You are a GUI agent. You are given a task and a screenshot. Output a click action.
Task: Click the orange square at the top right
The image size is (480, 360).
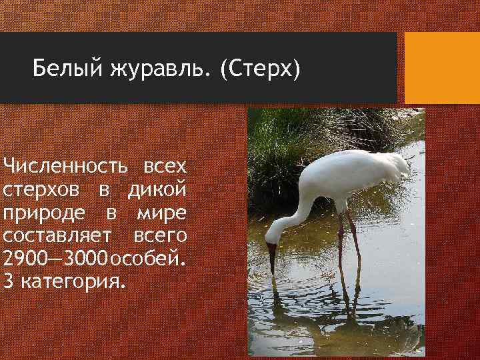[442, 68]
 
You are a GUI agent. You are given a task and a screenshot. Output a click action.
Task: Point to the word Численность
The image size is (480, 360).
[65, 165]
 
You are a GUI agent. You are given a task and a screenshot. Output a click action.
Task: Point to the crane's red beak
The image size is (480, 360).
[271, 257]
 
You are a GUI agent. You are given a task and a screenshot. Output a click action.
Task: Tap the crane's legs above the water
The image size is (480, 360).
[348, 240]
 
